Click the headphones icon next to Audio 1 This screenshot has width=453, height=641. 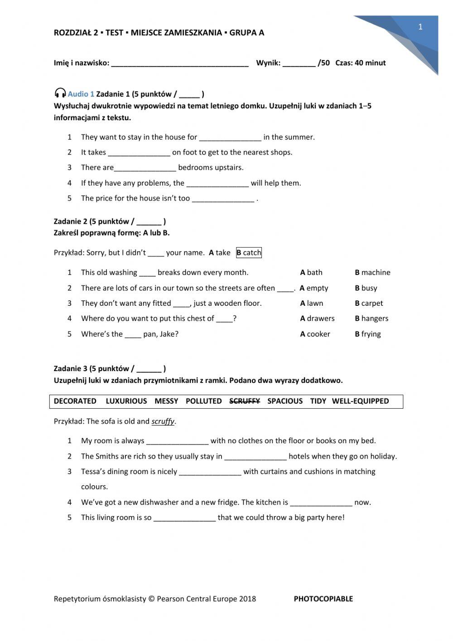coord(60,93)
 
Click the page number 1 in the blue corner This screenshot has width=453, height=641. coord(420,27)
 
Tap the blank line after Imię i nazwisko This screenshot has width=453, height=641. coord(179,64)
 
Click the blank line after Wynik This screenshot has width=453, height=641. coord(299,64)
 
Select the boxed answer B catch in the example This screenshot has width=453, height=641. coord(249,253)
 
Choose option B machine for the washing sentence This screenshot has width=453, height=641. coord(372,273)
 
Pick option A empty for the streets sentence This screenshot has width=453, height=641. coord(313,288)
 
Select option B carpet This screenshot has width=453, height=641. coord(369,303)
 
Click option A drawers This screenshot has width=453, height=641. coord(317,318)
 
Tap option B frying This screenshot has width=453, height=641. coord(368,334)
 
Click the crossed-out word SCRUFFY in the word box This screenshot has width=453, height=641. coord(245,401)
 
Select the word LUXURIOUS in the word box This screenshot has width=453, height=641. coord(126,401)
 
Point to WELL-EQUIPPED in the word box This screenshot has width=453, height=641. coord(360,401)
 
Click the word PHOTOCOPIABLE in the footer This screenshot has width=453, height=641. coord(323,599)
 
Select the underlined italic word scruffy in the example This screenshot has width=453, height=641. coord(163,421)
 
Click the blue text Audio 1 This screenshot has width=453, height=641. coord(81,94)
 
